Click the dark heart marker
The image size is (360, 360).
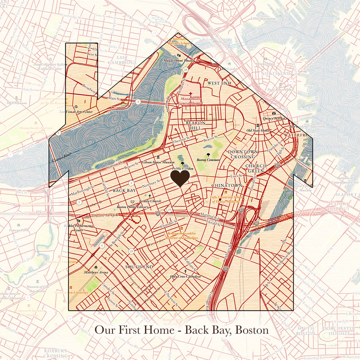180,178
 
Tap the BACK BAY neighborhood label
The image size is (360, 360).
124,191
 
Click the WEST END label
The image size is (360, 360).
219,83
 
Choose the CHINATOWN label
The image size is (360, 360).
227,186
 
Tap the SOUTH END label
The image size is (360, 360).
139,267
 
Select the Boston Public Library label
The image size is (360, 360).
132,207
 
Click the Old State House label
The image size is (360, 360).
258,130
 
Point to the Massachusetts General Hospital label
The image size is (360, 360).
190,101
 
